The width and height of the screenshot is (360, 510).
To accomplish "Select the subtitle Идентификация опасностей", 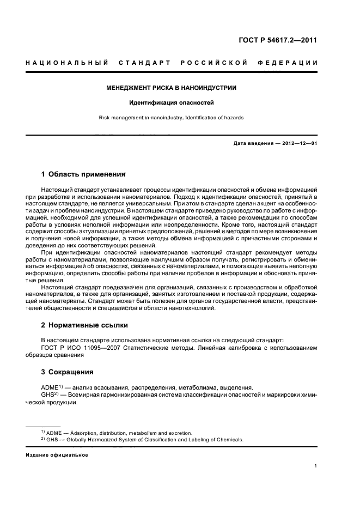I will coord(172,102).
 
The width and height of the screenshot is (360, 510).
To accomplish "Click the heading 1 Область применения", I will coord(83,174).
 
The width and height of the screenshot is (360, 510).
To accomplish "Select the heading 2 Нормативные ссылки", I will coord(84,325).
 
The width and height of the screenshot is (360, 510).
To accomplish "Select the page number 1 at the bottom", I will coord(315,466).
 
